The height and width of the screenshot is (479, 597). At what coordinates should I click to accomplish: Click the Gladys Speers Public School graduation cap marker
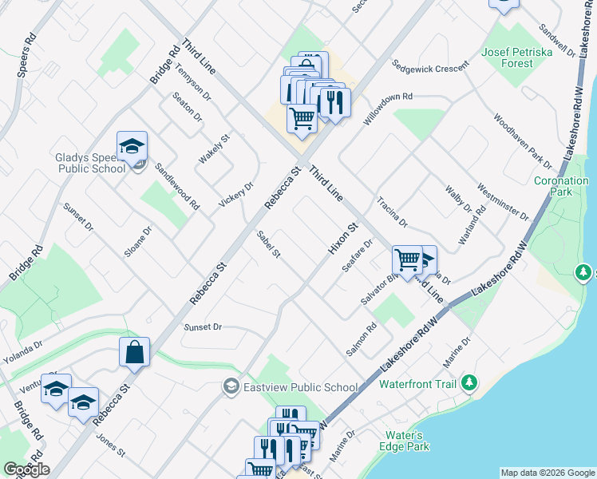[x=132, y=146]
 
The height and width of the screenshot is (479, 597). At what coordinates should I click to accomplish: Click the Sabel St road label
[x=268, y=243]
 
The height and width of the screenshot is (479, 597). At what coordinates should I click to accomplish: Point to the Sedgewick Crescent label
[x=429, y=66]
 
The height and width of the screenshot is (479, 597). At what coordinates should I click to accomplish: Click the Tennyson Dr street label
[x=194, y=83]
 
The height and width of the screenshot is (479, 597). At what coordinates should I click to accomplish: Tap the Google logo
[x=26, y=469]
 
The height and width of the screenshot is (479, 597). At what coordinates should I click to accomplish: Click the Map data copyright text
[x=547, y=473]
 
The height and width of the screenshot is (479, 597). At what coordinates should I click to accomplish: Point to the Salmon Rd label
[x=361, y=339]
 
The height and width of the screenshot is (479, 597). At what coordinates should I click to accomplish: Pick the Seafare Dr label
[x=358, y=255]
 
